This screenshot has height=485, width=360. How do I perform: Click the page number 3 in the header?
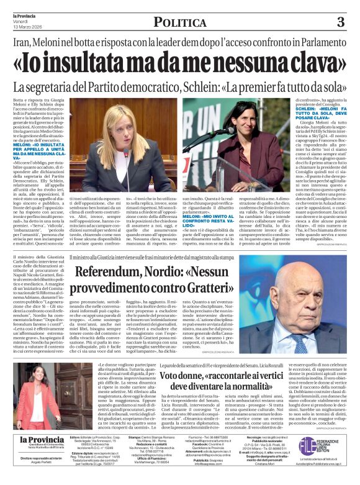(340, 22)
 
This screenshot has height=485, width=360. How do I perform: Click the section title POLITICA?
(179, 23)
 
